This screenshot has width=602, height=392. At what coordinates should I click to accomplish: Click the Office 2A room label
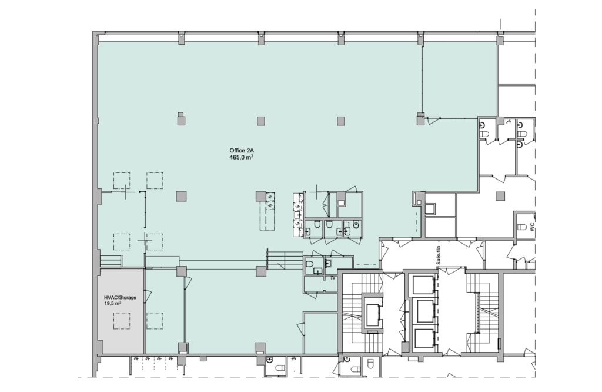tap(240, 150)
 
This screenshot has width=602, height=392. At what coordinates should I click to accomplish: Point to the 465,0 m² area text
tap(241, 157)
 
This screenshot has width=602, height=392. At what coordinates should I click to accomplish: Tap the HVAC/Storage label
tap(120, 297)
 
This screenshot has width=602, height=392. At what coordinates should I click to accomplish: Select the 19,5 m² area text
tap(113, 303)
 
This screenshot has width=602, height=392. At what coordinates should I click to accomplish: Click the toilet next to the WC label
tap(521, 227)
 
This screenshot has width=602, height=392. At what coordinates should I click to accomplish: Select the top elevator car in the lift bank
tap(422, 284)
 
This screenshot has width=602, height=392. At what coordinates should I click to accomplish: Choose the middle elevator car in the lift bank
tap(422, 311)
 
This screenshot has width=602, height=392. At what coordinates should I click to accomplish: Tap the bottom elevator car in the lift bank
tap(422, 338)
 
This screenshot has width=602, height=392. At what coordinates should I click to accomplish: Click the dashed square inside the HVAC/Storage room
tap(121, 321)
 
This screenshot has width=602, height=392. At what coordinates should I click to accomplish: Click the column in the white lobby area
tap(500, 196)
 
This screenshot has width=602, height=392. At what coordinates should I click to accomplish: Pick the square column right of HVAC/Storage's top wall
tap(181, 271)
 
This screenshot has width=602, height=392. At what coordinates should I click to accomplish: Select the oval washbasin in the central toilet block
tap(347, 230)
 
